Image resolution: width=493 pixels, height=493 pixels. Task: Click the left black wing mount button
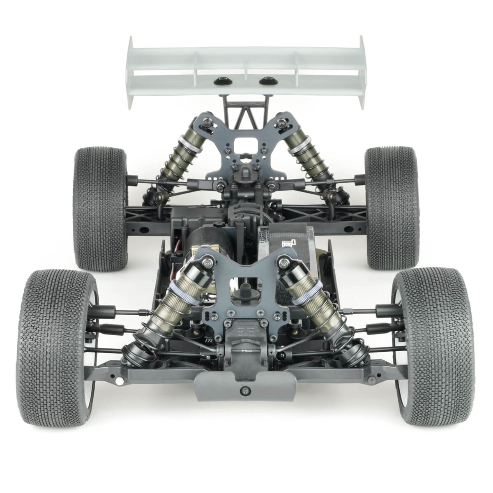pyautogui.click(x=220, y=81)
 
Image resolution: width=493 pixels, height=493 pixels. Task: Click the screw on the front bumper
pyautogui.click(x=246, y=389)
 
